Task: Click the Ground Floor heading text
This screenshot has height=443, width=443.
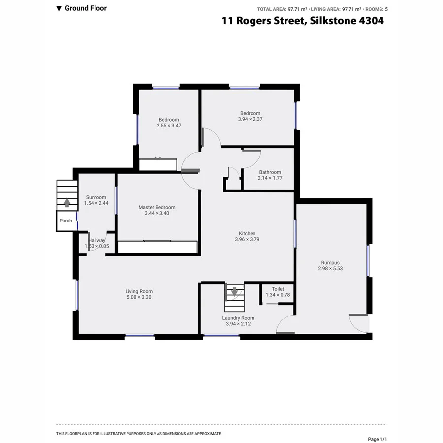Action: [x=85, y=8]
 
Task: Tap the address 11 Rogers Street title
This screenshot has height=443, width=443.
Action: [x=302, y=21]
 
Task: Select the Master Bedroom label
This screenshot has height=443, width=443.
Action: [x=157, y=207]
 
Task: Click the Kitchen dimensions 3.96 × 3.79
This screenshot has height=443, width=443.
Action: [x=247, y=240]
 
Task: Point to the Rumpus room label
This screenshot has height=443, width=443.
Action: [x=330, y=263]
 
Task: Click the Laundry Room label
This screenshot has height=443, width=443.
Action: [x=238, y=318]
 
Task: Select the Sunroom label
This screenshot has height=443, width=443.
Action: [x=96, y=197]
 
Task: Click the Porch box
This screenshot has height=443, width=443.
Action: [x=65, y=221]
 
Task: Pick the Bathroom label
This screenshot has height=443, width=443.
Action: [x=270, y=172]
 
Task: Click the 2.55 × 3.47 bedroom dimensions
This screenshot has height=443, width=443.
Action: [x=169, y=126]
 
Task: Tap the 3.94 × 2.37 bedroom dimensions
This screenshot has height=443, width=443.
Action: [x=251, y=119]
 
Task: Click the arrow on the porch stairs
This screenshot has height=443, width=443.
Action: [x=67, y=202]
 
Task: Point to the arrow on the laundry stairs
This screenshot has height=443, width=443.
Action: [x=234, y=292]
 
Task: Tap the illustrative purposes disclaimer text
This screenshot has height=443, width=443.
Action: [x=139, y=434]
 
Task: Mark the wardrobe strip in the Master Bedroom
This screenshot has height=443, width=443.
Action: [x=158, y=247]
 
